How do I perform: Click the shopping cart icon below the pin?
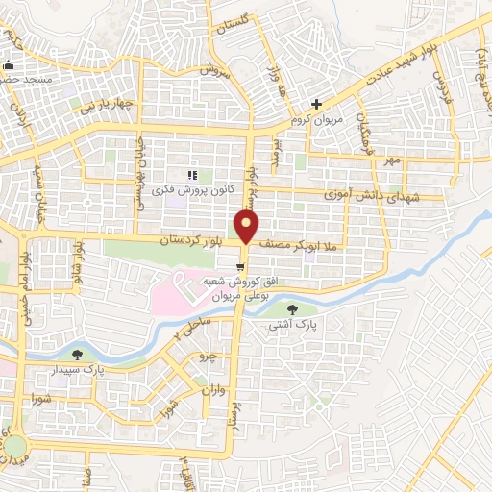(238, 266)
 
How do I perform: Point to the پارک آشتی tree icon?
(292, 308)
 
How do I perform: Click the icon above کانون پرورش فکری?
(191, 174)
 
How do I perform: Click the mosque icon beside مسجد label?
(9, 66)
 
